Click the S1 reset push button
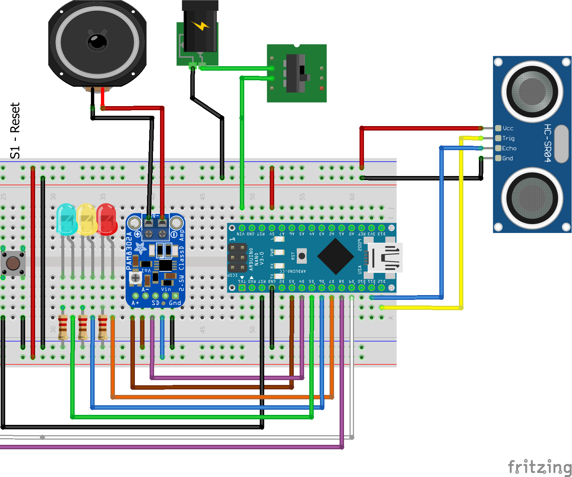[x=13, y=263]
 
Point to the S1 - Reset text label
[x=15, y=131]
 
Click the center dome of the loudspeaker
[x=98, y=42]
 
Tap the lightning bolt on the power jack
[x=200, y=26]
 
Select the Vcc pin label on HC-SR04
[x=508, y=128]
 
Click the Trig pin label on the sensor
[x=508, y=138]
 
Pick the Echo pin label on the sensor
[x=509, y=148]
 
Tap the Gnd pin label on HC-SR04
[x=507, y=158]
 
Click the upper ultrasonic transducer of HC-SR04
[x=532, y=91]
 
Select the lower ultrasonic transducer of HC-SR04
[x=532, y=198]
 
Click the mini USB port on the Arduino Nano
[x=386, y=258]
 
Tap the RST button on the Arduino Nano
[x=302, y=256]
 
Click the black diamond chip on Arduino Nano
[x=336, y=256]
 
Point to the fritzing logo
[x=539, y=467]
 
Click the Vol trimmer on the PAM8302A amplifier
[x=136, y=278]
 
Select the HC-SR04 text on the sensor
[x=548, y=143]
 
